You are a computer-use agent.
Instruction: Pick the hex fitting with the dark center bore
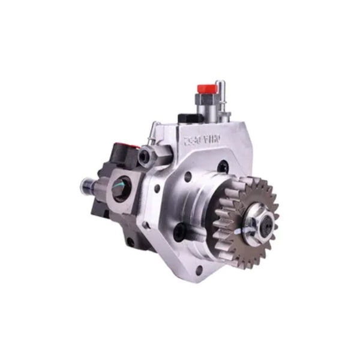click(145, 158)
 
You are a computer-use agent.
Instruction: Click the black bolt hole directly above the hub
click(223, 169)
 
